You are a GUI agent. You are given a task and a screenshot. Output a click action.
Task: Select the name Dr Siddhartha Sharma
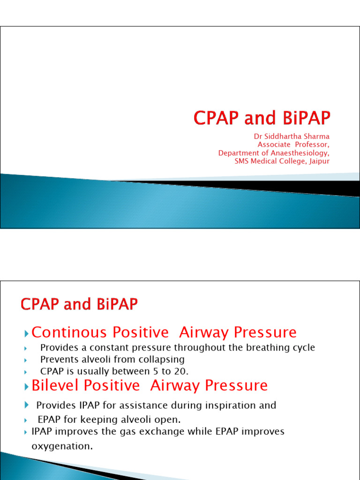tap(292, 136)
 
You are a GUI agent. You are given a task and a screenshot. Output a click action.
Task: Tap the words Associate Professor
tap(293, 145)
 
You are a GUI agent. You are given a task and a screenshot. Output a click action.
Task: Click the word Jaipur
tap(319, 161)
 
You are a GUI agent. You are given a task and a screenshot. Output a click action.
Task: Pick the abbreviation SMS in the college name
tap(242, 161)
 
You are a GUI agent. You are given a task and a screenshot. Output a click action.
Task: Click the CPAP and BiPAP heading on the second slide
tap(79, 305)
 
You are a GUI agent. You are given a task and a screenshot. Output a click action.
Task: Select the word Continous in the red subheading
tap(62, 332)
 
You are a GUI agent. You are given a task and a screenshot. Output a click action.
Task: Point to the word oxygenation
tap(61, 447)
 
